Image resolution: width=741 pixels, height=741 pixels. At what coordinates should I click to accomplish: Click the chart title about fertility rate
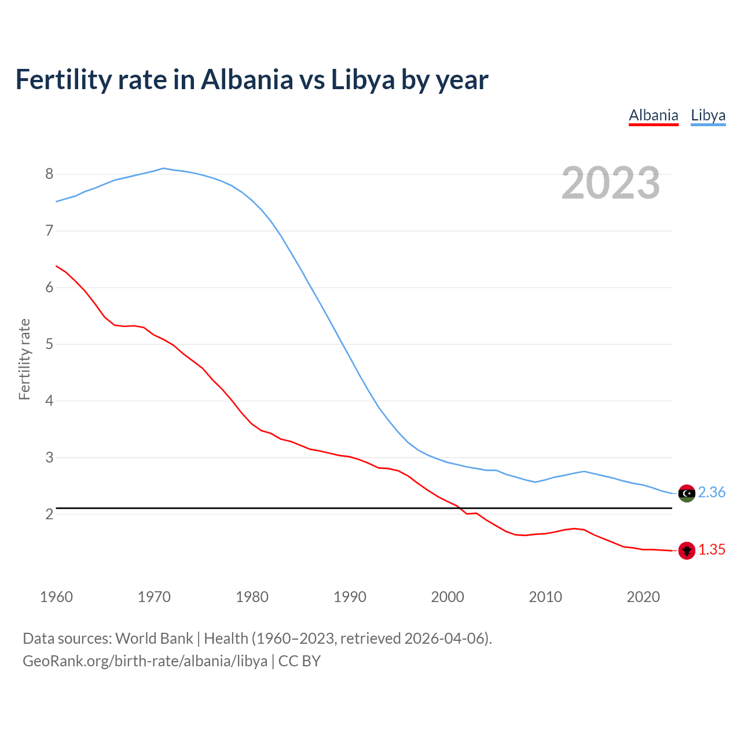252,79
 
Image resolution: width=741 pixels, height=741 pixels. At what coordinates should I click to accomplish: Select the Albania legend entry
653,115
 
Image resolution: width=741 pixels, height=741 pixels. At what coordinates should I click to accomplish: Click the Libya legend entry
708,115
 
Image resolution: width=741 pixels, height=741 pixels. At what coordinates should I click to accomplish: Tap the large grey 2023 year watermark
610,183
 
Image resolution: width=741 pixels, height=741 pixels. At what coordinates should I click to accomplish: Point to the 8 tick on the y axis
49,174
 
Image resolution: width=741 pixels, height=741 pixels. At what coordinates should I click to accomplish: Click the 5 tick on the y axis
49,344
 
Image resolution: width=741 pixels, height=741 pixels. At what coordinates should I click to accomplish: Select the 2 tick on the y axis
49,514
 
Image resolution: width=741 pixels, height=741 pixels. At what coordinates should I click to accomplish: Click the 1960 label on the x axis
56,597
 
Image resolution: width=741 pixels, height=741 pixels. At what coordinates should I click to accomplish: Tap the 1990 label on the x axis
350,597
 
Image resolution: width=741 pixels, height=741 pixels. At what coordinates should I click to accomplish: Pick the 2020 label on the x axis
643,597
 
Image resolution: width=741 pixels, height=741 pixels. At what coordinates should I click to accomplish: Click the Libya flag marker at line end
687,493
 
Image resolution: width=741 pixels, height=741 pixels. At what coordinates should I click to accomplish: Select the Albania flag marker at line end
687,551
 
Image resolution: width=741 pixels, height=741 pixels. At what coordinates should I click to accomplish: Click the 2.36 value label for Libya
711,492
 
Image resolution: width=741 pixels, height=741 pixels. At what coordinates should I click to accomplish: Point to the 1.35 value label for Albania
711,549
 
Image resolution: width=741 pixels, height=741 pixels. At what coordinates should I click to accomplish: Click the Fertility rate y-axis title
24,359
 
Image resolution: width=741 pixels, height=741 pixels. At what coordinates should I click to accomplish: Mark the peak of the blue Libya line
163,168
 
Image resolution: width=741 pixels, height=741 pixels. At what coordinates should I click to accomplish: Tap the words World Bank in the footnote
154,638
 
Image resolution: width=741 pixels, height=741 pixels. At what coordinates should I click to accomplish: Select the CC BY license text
299,661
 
